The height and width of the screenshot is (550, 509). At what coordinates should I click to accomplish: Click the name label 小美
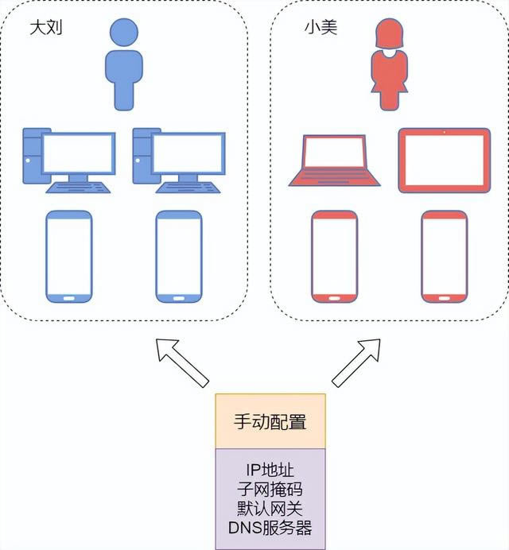[321, 28]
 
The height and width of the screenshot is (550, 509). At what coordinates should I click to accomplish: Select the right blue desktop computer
[178, 159]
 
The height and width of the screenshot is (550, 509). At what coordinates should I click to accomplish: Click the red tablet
[444, 161]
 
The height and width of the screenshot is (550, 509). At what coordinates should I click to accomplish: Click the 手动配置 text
[270, 421]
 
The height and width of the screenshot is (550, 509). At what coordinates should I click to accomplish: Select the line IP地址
[270, 470]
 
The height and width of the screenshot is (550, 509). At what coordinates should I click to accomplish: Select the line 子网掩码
[270, 489]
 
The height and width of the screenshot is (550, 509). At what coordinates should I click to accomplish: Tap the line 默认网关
[270, 508]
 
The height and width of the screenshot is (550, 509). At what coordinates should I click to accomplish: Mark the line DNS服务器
[270, 527]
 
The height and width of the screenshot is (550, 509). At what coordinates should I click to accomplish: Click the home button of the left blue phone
[69, 298]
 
